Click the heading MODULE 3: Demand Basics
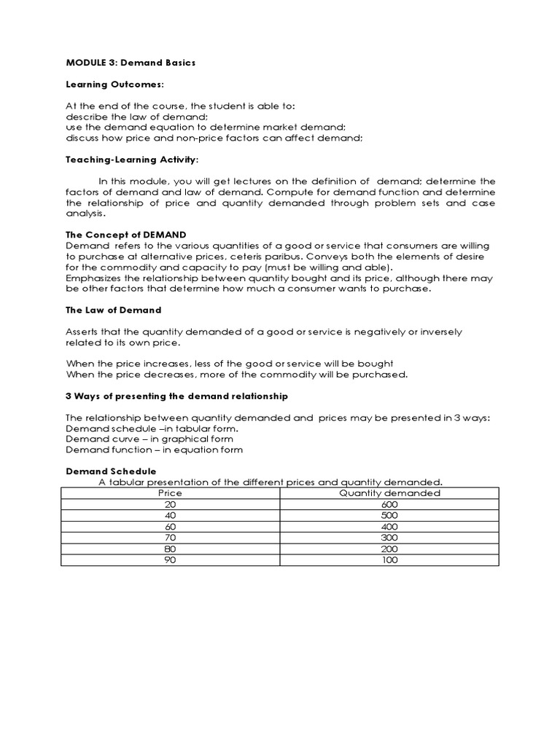click(x=131, y=63)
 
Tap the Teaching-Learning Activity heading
click(x=132, y=159)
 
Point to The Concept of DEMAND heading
click(x=126, y=235)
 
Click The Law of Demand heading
click(x=113, y=310)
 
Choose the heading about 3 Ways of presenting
click(x=177, y=396)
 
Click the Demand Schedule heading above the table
click(x=111, y=471)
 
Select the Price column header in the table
click(x=171, y=493)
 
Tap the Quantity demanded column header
click(x=389, y=493)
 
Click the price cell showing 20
click(x=171, y=504)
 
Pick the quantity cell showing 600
click(x=389, y=504)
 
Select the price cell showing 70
click(x=171, y=538)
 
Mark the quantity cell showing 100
click(x=389, y=560)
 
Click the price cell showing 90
click(x=171, y=560)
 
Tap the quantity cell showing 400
click(x=389, y=527)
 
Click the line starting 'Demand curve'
click(x=149, y=439)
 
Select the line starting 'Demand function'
click(x=155, y=449)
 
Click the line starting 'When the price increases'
click(x=230, y=364)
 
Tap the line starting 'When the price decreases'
click(x=237, y=374)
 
